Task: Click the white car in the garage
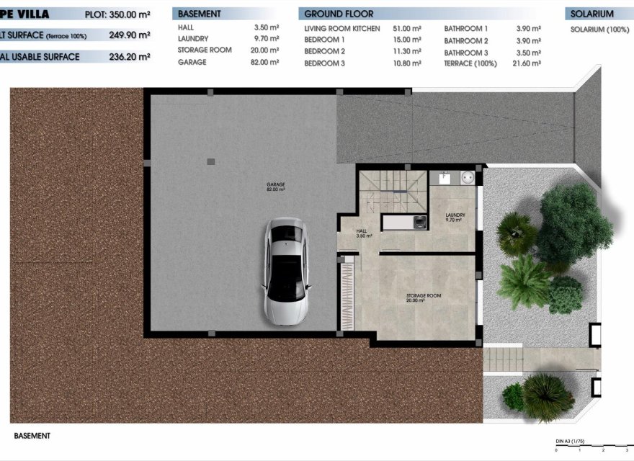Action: click(287, 270)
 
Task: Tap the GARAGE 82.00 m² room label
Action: click(276, 187)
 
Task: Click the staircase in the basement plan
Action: click(393, 189)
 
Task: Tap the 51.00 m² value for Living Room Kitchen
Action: click(407, 28)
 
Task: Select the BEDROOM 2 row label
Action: click(324, 52)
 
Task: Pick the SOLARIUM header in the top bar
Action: click(591, 14)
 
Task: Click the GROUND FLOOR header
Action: click(339, 14)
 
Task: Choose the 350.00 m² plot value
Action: click(129, 14)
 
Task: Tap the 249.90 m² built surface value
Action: click(130, 35)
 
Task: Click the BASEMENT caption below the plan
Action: click(32, 436)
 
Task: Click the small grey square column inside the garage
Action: click(210, 161)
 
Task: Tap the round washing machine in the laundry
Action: click(466, 175)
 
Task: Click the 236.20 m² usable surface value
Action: click(130, 56)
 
